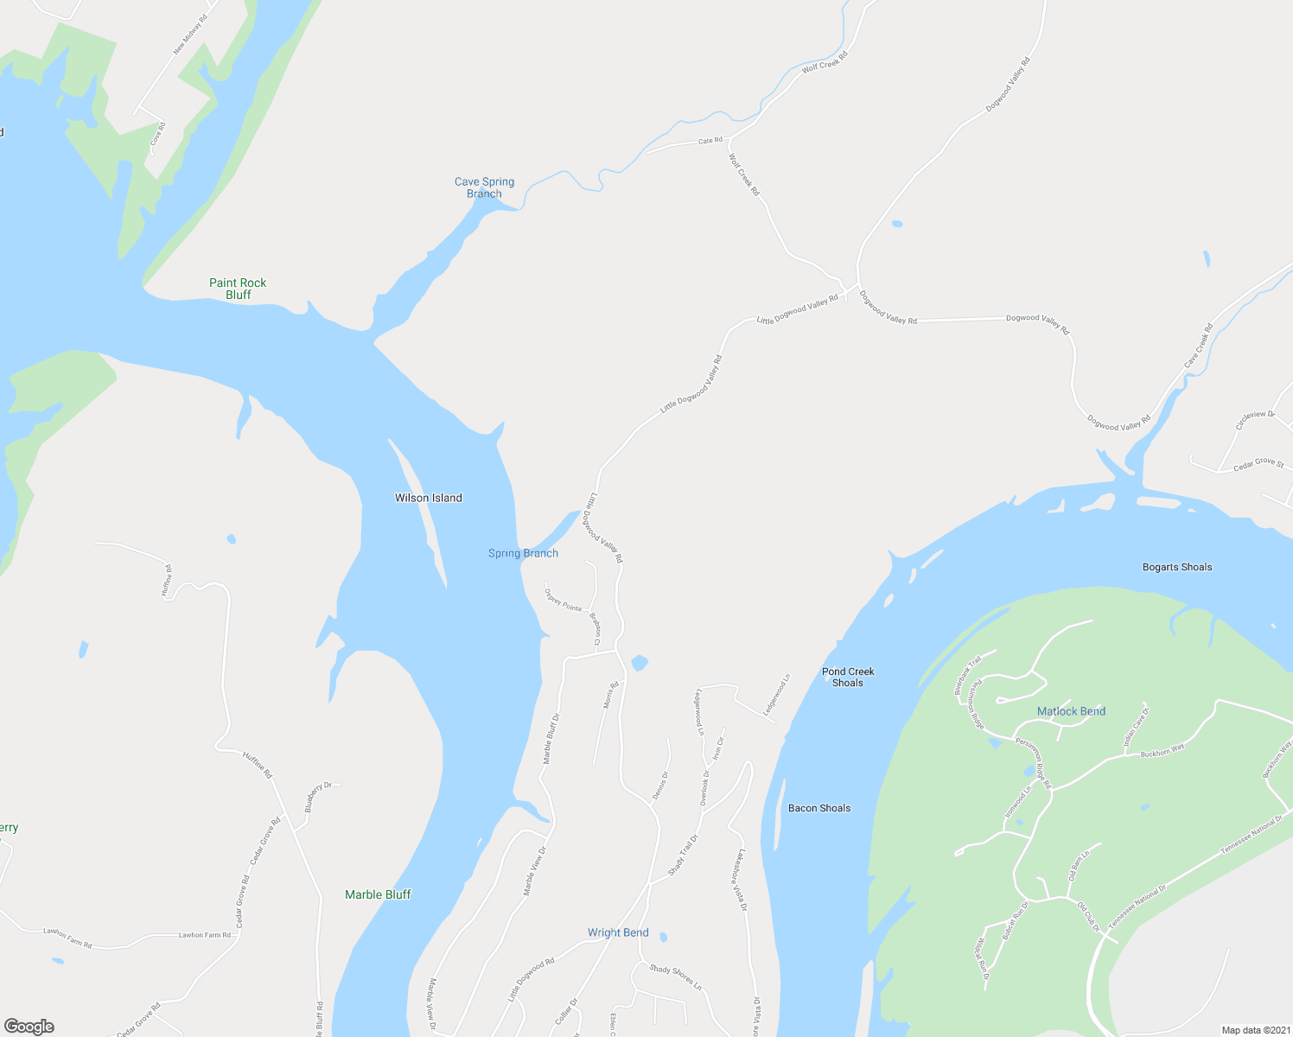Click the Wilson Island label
428,498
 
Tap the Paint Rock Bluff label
238,289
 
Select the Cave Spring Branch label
484,188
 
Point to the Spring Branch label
523,553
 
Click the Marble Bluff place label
378,894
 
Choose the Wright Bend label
618,932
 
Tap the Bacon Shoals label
819,808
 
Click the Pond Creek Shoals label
848,677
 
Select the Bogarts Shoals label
1177,567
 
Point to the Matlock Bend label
1071,711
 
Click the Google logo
29,1026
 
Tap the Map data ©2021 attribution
1254,1030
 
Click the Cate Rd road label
710,140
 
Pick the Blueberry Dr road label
318,797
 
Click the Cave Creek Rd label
1198,345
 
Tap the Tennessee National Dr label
1251,834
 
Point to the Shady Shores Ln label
675,976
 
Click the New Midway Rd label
190,35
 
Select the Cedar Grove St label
1258,463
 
